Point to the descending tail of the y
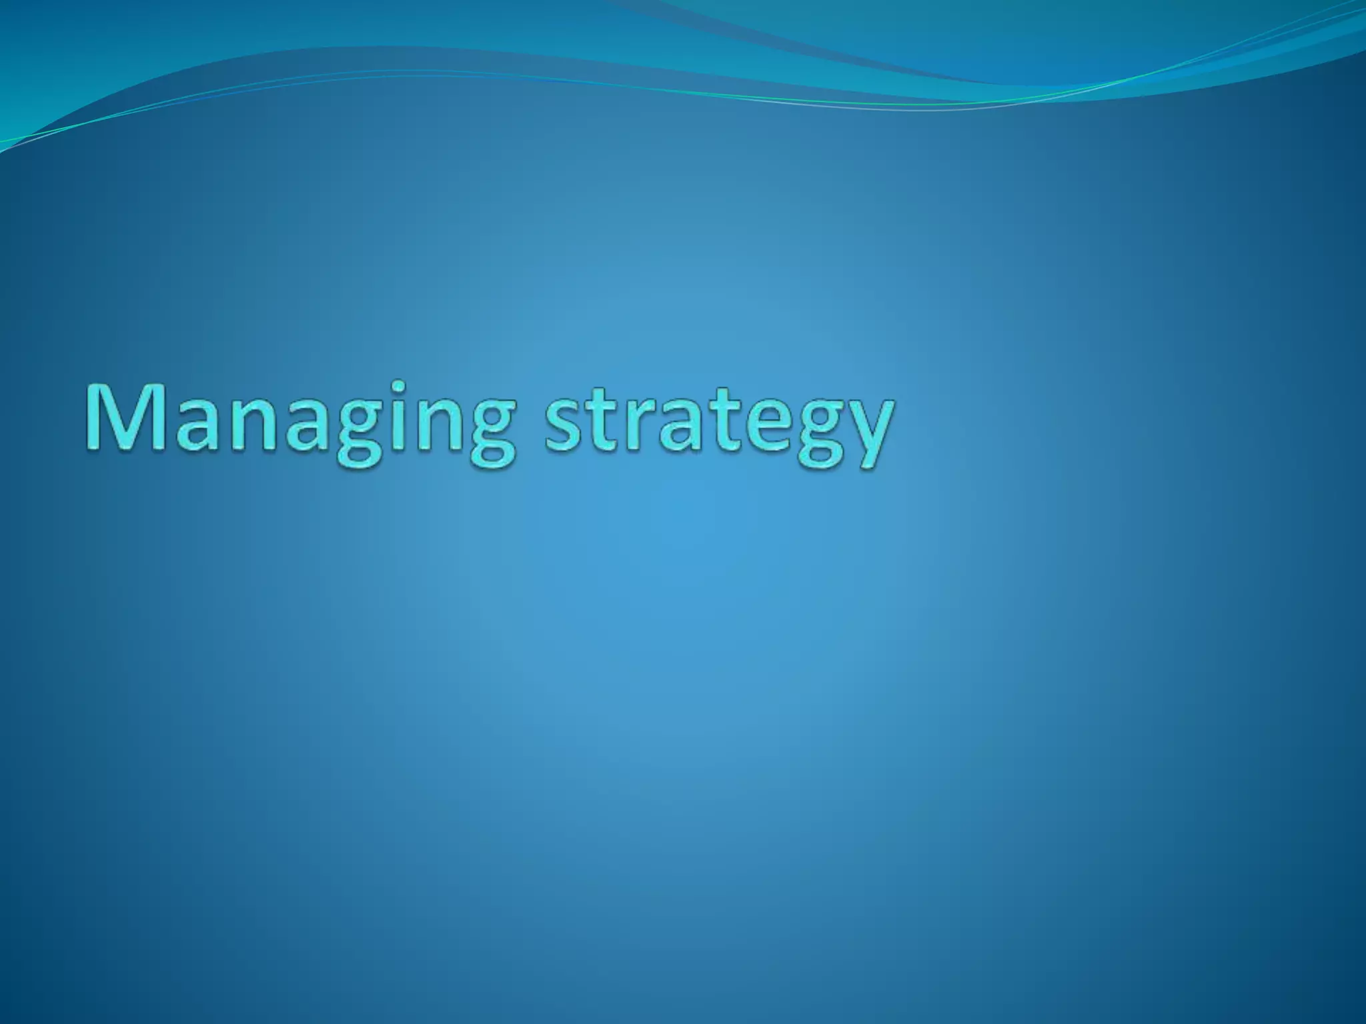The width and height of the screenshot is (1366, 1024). click(x=857, y=463)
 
